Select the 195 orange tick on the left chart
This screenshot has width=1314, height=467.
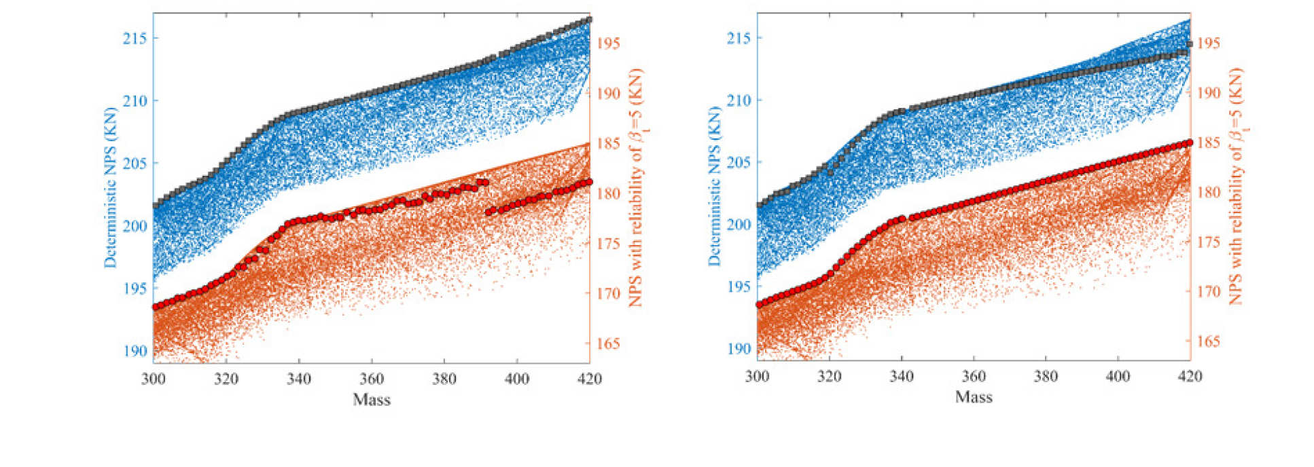[608, 43]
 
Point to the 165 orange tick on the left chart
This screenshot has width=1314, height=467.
[608, 343]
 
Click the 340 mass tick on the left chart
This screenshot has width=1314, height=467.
[299, 379]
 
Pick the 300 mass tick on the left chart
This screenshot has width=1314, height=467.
[154, 379]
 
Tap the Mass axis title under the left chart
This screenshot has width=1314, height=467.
[372, 399]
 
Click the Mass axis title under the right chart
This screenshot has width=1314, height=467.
[974, 397]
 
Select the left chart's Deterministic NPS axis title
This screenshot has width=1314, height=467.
[110, 187]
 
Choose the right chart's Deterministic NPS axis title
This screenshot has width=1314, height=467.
[714, 185]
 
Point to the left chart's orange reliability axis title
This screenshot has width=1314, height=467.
[635, 187]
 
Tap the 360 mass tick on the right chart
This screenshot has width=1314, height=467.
[974, 377]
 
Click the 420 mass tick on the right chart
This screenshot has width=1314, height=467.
[1190, 377]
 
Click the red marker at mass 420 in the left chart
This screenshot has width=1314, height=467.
[589, 182]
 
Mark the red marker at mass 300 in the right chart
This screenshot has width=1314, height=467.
[758, 305]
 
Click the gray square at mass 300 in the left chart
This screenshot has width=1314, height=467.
[155, 204]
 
